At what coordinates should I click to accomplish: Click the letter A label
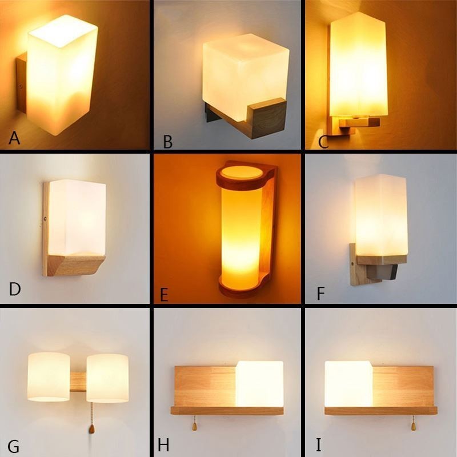point(14,138)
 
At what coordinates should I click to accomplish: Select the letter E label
point(165,294)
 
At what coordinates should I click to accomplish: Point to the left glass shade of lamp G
point(48,376)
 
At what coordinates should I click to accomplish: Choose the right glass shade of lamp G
point(107,377)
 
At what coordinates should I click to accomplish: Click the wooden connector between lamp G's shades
point(78,382)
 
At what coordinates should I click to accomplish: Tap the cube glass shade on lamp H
point(259,383)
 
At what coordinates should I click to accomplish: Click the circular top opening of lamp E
point(241,172)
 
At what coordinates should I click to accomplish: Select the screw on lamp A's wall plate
point(21,87)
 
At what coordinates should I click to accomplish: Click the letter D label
point(15,290)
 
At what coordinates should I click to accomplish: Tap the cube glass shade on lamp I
point(349,383)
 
